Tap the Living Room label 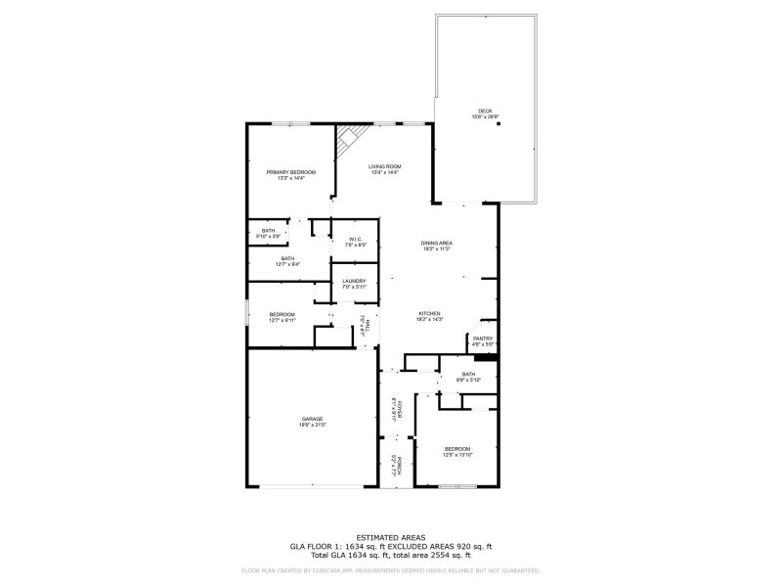click(x=384, y=168)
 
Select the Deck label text click(x=485, y=113)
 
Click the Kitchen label click(x=430, y=315)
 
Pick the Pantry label click(x=483, y=340)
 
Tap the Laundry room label click(x=354, y=284)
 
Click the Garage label click(x=312, y=422)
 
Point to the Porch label click(x=395, y=466)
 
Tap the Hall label click(x=364, y=326)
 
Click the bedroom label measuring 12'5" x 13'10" click(x=457, y=452)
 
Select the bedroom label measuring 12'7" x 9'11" click(x=282, y=316)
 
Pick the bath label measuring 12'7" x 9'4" click(x=287, y=260)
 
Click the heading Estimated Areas click(x=391, y=537)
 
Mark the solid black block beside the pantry click(x=494, y=357)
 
